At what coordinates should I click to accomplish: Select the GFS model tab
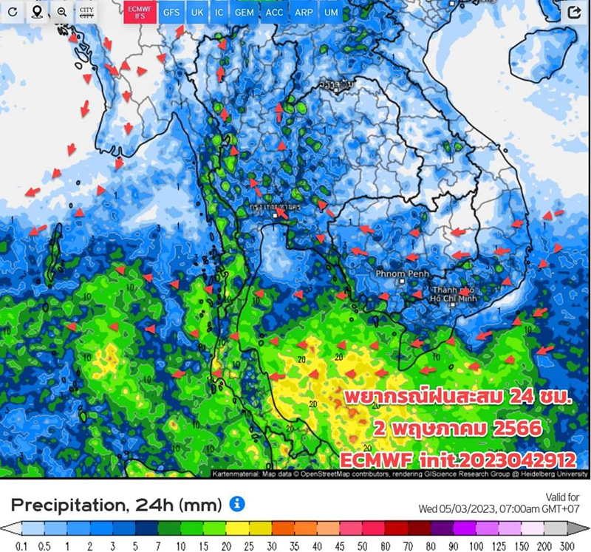coord(171,12)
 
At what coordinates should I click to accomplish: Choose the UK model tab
coord(197,12)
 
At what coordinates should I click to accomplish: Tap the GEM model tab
coord(244,12)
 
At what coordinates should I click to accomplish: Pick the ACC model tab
coord(274,12)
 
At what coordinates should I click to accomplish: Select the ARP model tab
coord(304,12)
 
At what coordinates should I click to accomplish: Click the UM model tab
coord(331,12)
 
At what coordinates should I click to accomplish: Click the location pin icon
coord(37,12)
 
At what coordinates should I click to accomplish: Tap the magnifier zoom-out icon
coord(62,12)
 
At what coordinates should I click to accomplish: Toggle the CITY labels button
coord(87,12)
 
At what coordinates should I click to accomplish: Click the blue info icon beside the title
coord(237,505)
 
